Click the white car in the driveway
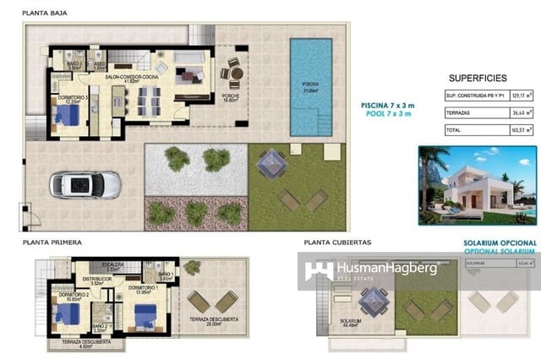(85, 184)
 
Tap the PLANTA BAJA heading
(45, 14)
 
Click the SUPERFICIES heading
(478, 75)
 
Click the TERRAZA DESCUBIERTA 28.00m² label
(213, 321)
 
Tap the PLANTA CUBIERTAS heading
(336, 242)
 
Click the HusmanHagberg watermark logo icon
(319, 271)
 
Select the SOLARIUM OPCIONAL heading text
(500, 243)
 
